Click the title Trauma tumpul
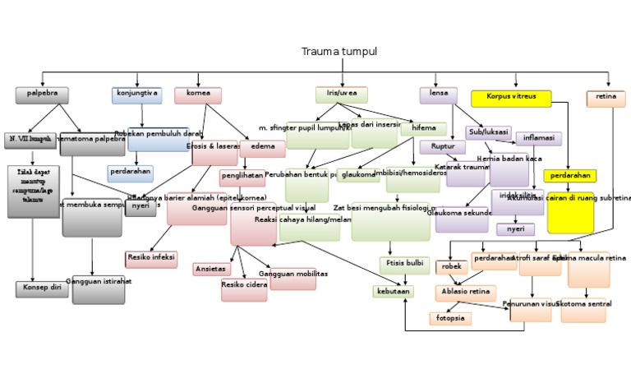point(339,52)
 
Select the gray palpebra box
point(42,95)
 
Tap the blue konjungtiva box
point(137,95)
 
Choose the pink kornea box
point(198,95)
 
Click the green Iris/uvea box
point(341,95)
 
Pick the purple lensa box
point(439,95)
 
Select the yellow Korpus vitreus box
point(511,98)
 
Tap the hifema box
point(424,129)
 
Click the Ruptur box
point(443,147)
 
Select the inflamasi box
point(539,138)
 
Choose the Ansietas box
point(212,270)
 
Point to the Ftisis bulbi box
point(404,265)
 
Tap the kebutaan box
point(393,292)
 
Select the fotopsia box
point(450,318)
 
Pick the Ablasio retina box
point(465,293)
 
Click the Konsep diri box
point(42,289)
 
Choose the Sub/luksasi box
point(488,132)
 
